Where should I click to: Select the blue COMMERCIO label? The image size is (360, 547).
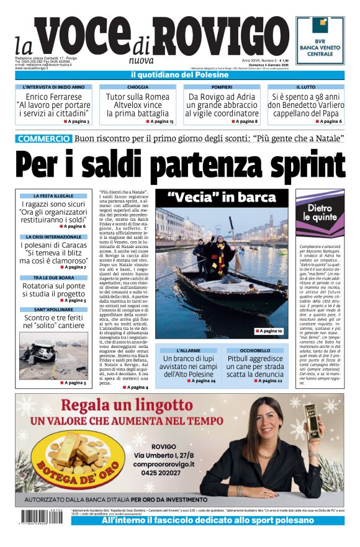point(43,139)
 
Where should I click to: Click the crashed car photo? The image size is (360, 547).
point(53,360)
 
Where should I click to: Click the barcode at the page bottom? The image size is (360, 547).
point(34,516)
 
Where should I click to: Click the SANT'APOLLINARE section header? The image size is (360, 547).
point(53,309)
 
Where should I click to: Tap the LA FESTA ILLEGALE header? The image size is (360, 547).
point(53,196)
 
